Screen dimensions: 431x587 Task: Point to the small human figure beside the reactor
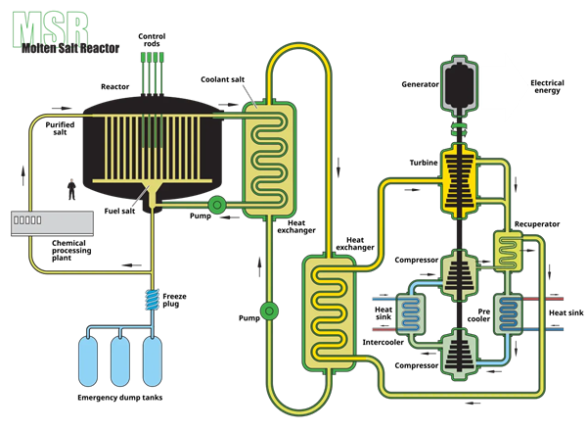(x=70, y=188)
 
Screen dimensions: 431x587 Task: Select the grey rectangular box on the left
(x=52, y=223)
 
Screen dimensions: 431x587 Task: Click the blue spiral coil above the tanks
(x=152, y=299)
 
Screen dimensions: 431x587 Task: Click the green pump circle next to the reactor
(x=217, y=204)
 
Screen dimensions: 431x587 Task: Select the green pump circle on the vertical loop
(x=269, y=311)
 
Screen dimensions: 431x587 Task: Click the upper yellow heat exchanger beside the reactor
(x=269, y=158)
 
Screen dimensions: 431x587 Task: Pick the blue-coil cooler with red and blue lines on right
(x=509, y=315)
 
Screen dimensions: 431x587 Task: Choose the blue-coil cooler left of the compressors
(x=410, y=315)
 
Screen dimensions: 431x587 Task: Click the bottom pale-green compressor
(x=458, y=354)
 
